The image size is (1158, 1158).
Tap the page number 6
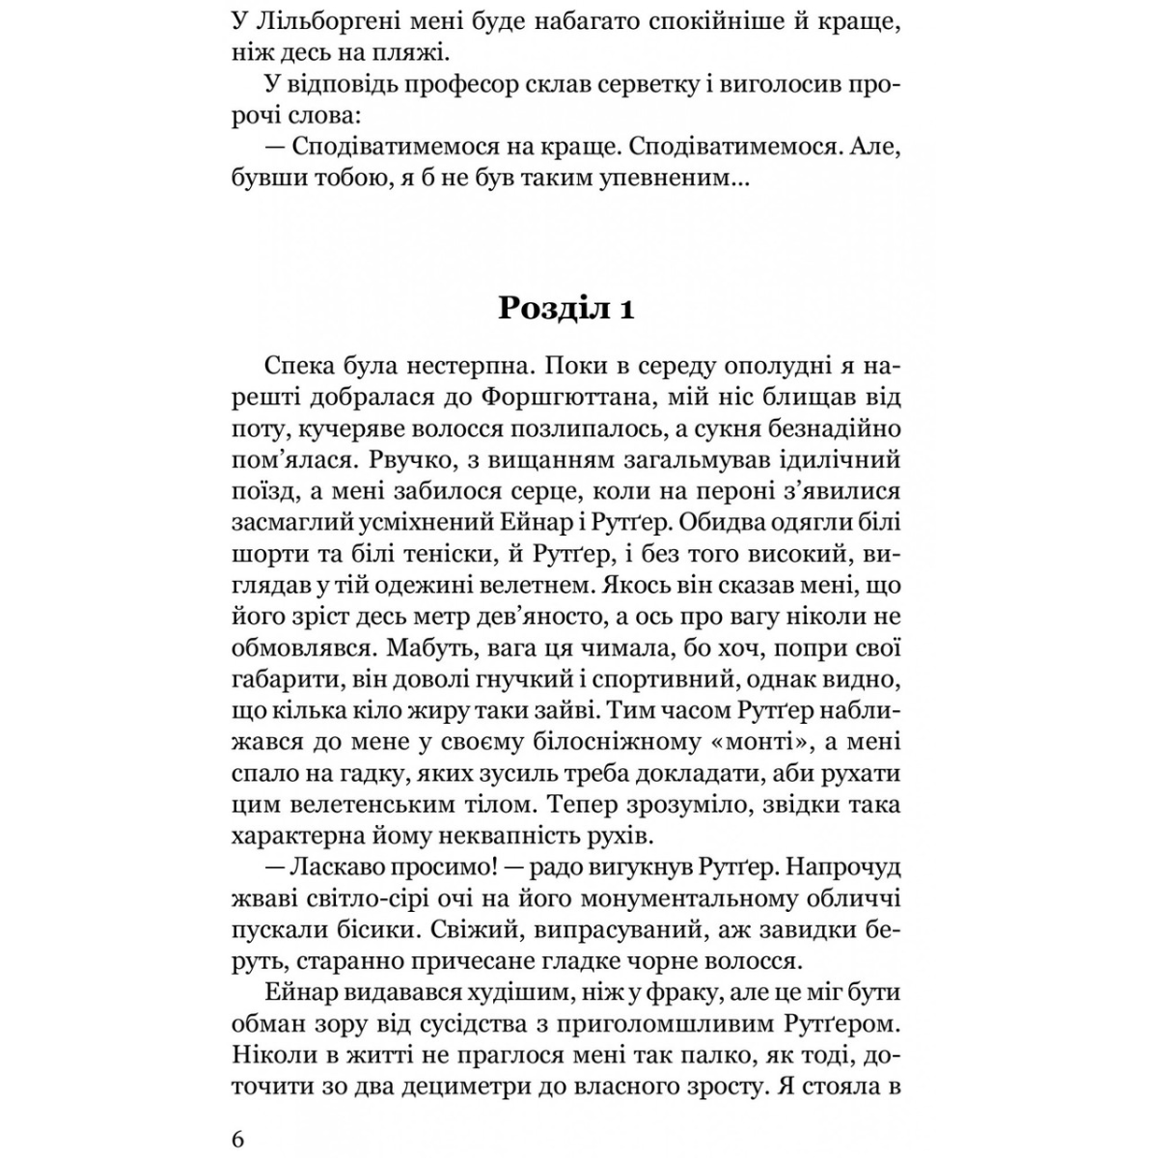click(238, 1139)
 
